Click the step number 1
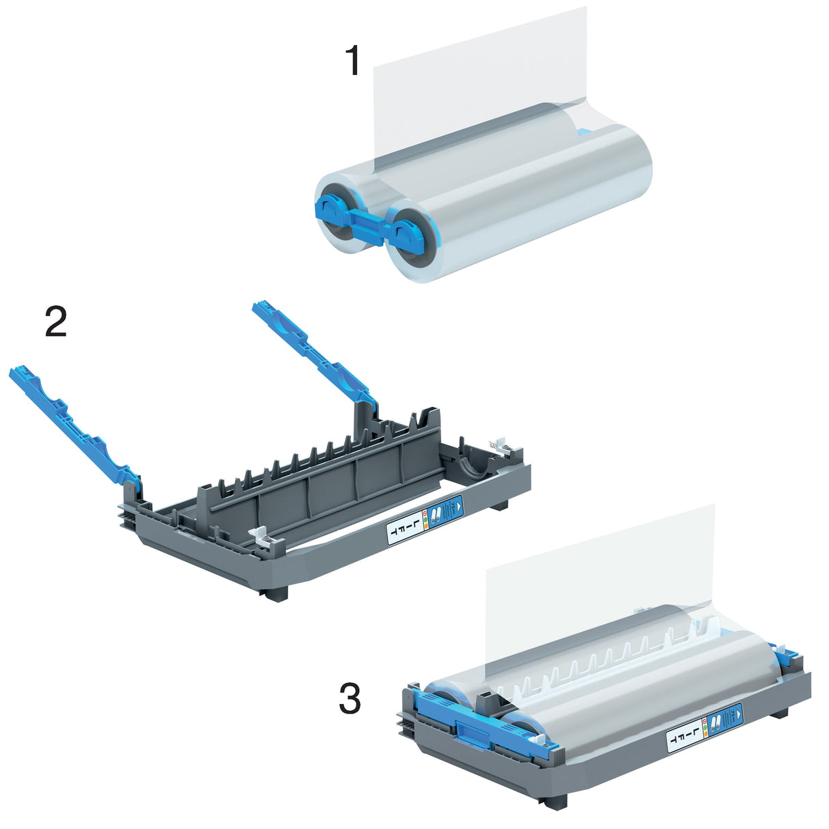click(x=352, y=61)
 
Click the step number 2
click(x=55, y=322)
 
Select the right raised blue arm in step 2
click(x=311, y=348)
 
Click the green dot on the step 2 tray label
click(x=425, y=521)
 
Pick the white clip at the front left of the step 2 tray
click(x=266, y=537)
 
